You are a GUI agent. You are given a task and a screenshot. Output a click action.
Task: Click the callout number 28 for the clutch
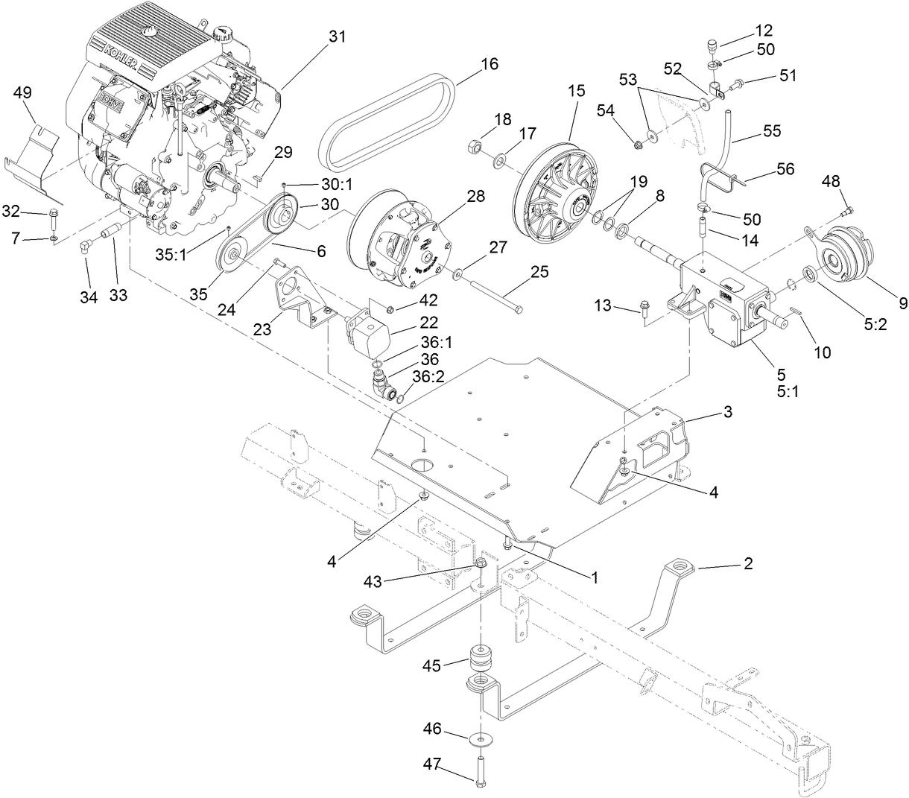[x=475, y=197]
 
